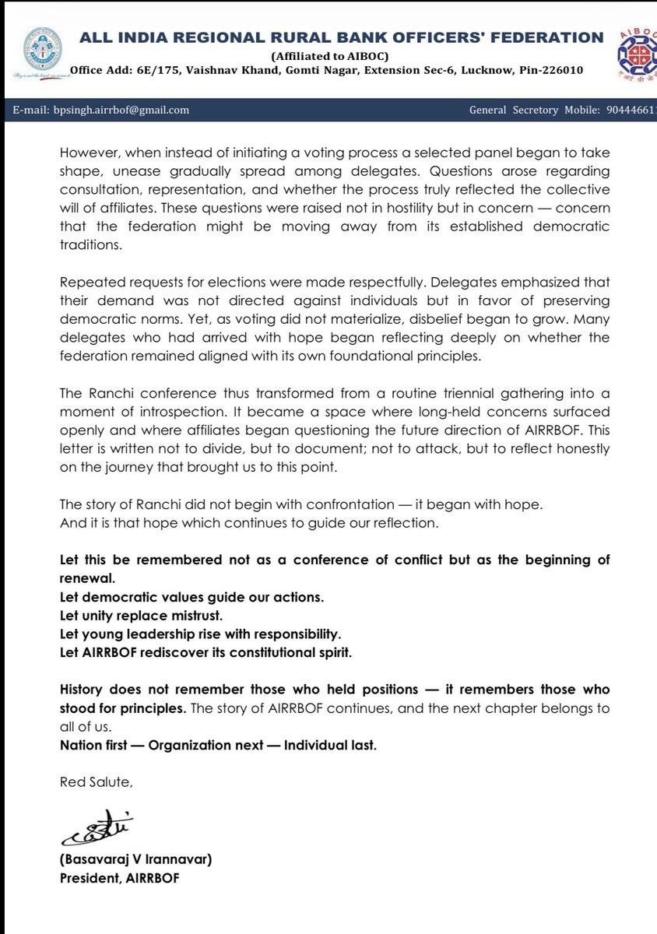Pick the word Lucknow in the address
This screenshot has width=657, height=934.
click(x=483, y=71)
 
